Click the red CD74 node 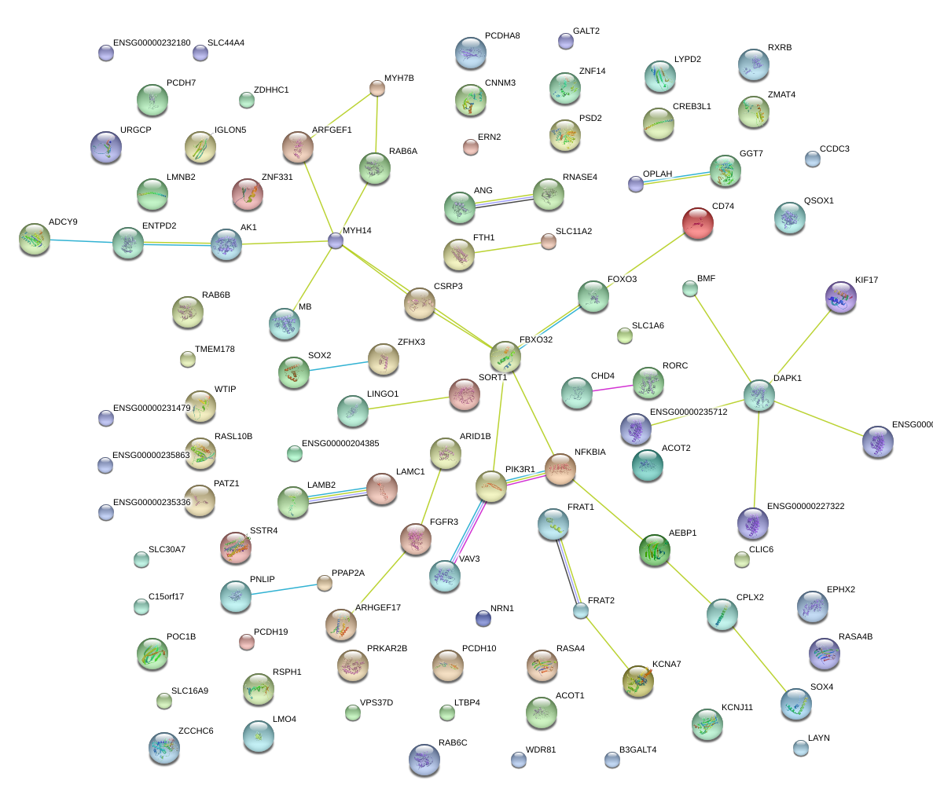point(698,223)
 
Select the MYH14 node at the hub point(336,241)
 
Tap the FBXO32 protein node point(505,357)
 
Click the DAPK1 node point(759,395)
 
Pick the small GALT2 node point(565,41)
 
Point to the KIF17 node point(841,297)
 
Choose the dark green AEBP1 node point(655,550)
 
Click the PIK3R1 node point(491,487)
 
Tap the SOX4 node point(796,703)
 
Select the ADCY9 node point(35,239)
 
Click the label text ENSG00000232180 point(152,43)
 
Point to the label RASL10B point(233,437)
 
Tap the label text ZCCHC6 point(196,731)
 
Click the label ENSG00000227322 point(806,507)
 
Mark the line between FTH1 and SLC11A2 point(504,247)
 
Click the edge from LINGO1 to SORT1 point(409,402)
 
